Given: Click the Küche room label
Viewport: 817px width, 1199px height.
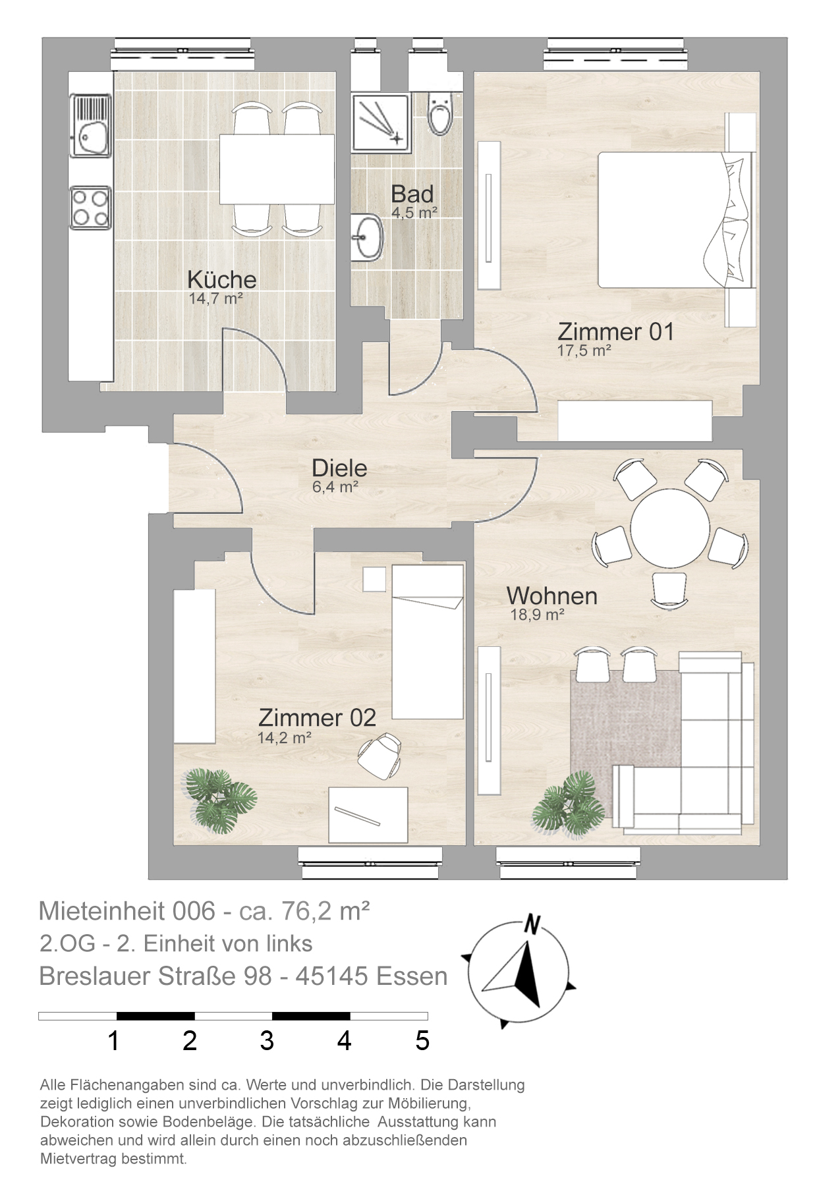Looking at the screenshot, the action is point(221,279).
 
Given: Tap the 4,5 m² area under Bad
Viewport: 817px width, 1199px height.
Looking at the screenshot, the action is point(414,212).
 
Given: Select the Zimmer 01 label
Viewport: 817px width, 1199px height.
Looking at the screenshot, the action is point(616,331).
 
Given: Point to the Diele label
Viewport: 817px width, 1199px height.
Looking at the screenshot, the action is point(339,468).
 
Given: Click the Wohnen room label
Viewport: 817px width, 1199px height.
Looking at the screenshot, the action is point(552,596).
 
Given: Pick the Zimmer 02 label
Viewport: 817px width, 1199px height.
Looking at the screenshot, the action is point(317,717).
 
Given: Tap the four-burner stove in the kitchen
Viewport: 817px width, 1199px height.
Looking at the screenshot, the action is point(90,208).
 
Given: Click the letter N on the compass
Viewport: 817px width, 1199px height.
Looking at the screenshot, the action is point(531,925).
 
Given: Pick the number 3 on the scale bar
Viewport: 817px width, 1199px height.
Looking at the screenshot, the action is point(266,1041).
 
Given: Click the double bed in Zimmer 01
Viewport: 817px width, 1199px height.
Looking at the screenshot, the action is point(675,220).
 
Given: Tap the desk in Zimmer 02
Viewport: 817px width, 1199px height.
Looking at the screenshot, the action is point(368,814).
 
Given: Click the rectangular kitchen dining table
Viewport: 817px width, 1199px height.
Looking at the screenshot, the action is point(277,169).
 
